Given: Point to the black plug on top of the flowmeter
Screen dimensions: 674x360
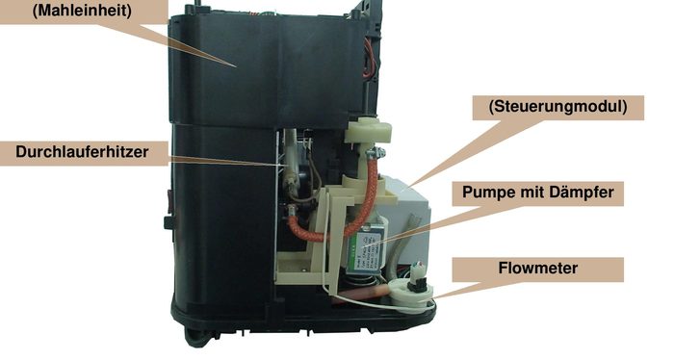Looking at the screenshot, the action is tap(419, 278).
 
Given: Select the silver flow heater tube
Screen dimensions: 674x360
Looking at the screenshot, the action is tap(288, 173).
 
